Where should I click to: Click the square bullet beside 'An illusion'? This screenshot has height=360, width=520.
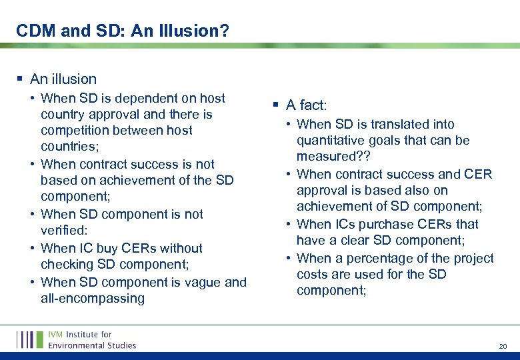(20, 79)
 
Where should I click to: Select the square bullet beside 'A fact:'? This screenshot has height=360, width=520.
(275, 105)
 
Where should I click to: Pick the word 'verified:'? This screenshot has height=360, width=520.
(64, 231)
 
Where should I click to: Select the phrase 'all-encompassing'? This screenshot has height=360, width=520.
(93, 298)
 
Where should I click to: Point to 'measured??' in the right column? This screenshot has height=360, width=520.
(329, 157)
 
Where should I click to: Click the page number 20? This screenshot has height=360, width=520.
(503, 347)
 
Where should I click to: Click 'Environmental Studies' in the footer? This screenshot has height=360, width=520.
(92, 345)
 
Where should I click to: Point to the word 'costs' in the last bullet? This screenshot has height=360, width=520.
(313, 274)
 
